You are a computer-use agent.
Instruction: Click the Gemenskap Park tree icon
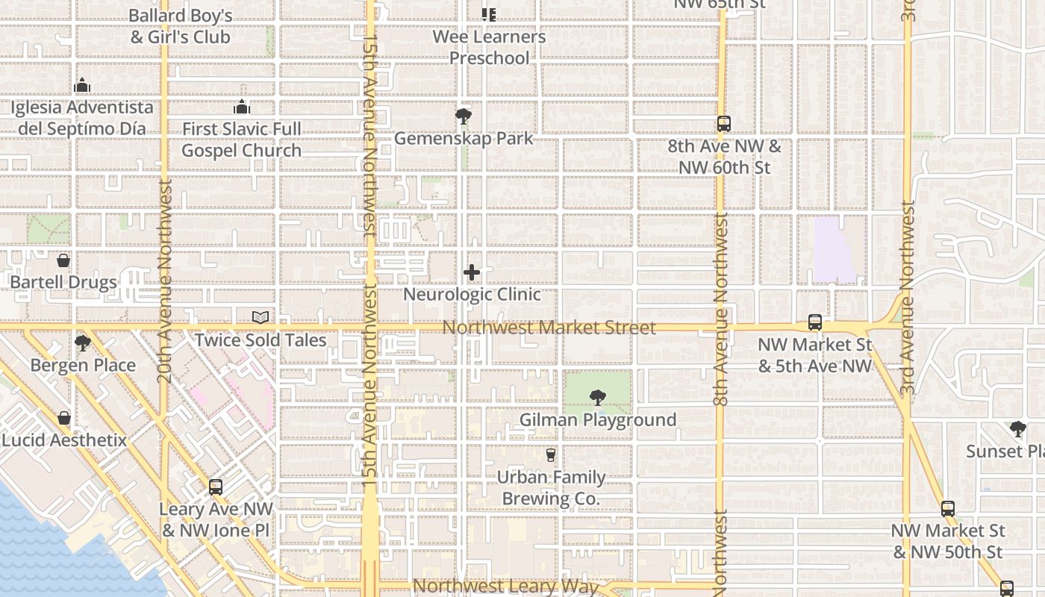(x=463, y=116)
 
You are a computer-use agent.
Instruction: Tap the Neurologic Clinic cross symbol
(x=472, y=272)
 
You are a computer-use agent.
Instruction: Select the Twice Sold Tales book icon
(x=260, y=318)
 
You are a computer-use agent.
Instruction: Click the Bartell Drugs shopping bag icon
(x=63, y=260)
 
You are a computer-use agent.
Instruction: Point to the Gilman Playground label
(x=597, y=420)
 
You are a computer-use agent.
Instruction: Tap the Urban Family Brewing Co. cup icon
(x=551, y=454)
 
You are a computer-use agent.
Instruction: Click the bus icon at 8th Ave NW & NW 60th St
(x=723, y=124)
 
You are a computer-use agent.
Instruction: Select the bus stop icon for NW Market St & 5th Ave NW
(x=815, y=323)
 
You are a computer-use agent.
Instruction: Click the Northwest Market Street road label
(x=549, y=328)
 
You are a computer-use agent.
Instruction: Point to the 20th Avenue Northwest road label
(x=165, y=281)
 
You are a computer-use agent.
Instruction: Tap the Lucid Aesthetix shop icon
(x=64, y=418)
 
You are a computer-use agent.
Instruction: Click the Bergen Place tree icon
(x=82, y=343)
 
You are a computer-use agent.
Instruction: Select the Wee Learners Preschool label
(x=489, y=47)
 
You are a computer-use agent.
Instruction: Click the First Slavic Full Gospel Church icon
(x=241, y=107)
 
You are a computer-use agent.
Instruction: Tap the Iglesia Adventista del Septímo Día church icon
(x=82, y=86)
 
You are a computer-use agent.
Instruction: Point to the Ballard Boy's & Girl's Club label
(x=180, y=26)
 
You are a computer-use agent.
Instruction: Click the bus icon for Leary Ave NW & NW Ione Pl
(x=216, y=487)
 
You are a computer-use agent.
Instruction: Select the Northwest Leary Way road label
(x=505, y=587)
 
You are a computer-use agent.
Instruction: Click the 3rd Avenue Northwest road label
(x=908, y=298)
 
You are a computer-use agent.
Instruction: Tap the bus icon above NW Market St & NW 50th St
(x=948, y=509)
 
